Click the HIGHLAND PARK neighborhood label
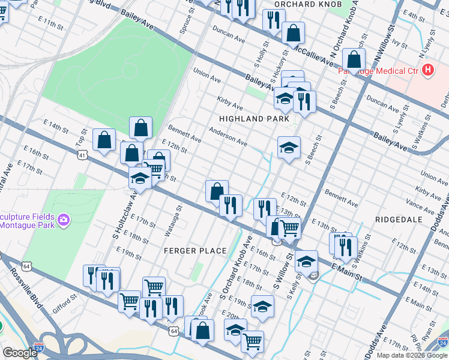[x=255, y=119]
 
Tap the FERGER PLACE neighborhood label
[x=196, y=250]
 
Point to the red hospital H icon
[x=427, y=70]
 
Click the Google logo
[x=20, y=353]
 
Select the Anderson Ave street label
[x=228, y=136]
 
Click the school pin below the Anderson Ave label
[x=289, y=148]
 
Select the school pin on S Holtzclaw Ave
[x=140, y=179]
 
